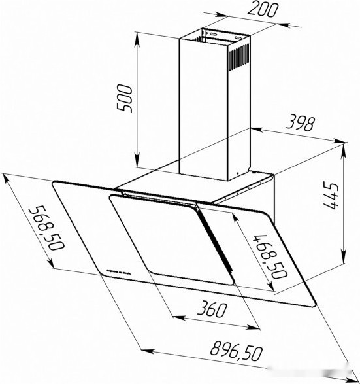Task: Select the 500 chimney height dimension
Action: (128, 98)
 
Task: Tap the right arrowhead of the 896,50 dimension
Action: (339, 376)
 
